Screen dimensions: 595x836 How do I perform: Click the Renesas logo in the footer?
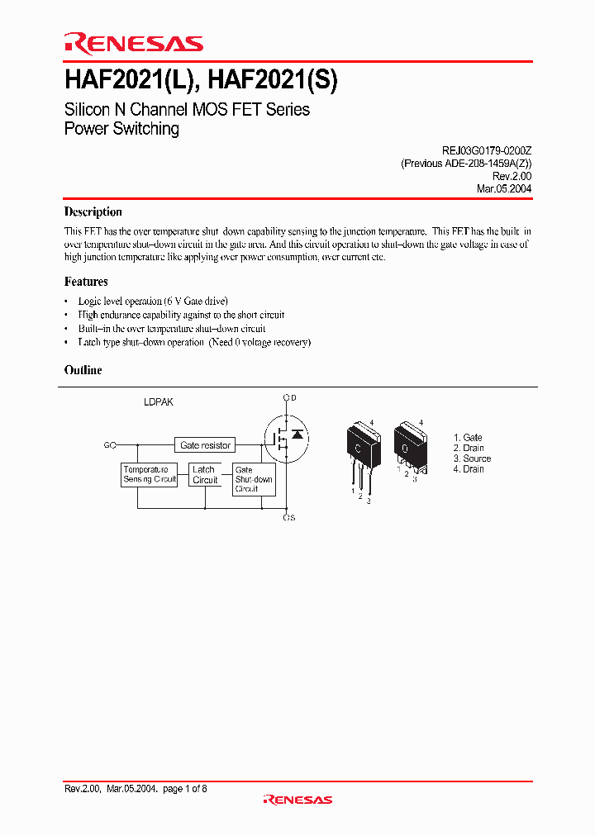point(297,799)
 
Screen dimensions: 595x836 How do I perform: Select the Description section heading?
point(93,212)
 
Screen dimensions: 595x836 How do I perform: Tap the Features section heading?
point(86,282)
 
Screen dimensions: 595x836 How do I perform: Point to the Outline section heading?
point(83,370)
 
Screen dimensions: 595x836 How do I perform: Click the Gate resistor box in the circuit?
point(206,445)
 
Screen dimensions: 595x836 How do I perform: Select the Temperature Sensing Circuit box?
point(150,474)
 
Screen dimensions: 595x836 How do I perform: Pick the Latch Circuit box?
point(204,474)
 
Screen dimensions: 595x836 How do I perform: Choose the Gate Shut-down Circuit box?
point(254,479)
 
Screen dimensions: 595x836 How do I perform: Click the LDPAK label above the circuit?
point(158,402)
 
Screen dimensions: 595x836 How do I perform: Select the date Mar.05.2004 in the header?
point(503,188)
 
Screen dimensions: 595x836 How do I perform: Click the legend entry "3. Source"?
point(472,458)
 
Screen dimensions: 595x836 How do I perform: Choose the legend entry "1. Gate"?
point(468,437)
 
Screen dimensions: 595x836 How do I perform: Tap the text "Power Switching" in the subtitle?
point(121,129)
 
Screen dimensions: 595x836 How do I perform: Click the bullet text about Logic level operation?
point(153,301)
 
